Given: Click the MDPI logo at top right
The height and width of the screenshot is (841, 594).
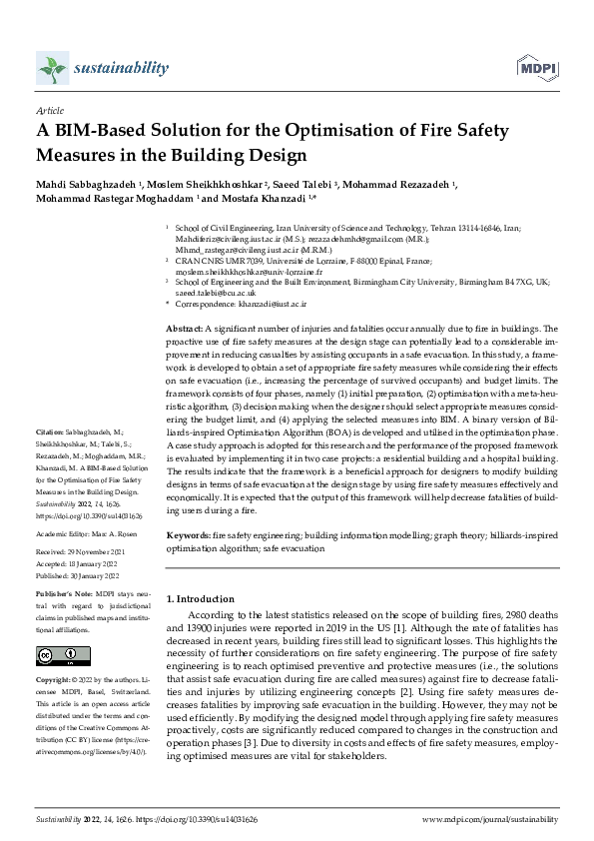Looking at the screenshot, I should [536, 67].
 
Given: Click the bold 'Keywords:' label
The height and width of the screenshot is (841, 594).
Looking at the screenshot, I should [188, 535].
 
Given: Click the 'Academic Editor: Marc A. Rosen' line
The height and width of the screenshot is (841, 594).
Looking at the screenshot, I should [87, 534].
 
